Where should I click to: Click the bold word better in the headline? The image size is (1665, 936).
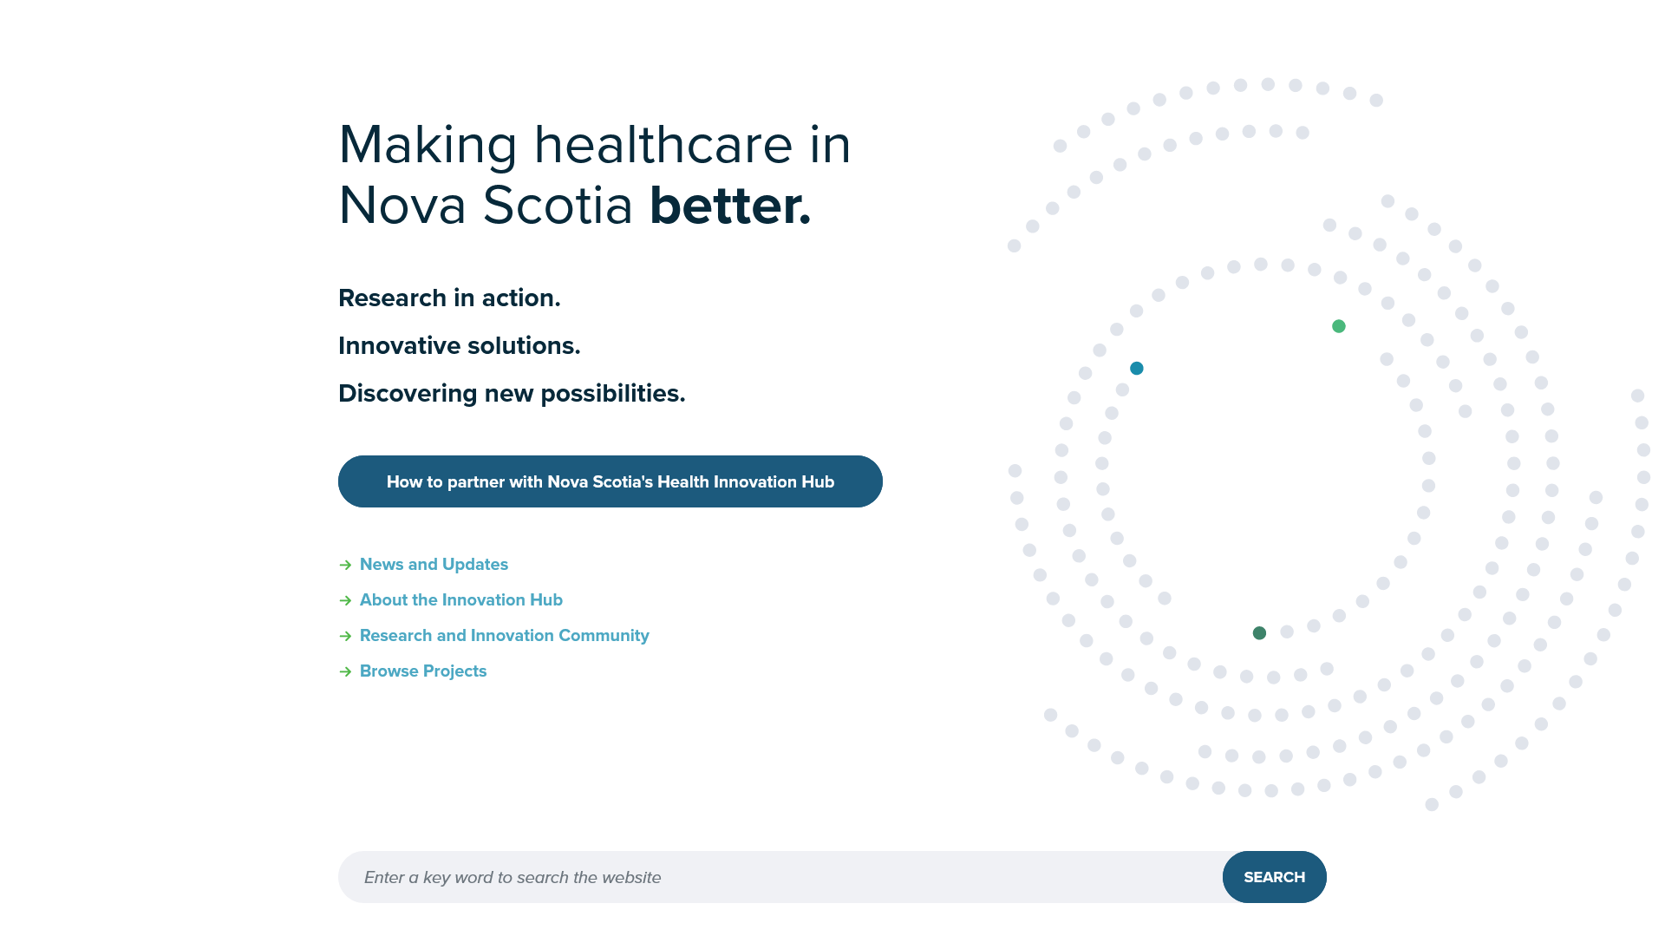(730, 206)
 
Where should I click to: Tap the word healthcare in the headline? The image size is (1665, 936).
(663, 144)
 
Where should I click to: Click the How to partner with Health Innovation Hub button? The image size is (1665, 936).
(610, 481)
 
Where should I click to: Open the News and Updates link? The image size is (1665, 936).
(434, 565)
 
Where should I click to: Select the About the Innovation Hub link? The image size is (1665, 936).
(461, 600)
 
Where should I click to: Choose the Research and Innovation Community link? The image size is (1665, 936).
(505, 636)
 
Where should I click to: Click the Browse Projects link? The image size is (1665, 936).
(423, 671)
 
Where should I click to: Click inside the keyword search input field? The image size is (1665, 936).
(780, 877)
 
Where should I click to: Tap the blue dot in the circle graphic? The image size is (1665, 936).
(1137, 369)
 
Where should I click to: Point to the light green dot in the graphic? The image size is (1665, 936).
(1339, 326)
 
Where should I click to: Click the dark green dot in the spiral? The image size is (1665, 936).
(1259, 633)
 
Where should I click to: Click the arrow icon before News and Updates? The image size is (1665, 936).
(345, 566)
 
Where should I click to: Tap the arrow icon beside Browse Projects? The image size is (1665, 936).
(345, 672)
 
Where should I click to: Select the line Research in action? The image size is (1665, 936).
(449, 298)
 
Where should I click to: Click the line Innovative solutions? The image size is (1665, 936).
(460, 346)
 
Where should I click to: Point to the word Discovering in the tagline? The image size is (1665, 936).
(408, 394)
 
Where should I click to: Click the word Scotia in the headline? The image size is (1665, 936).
(558, 206)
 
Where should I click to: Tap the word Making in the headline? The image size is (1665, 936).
(428, 145)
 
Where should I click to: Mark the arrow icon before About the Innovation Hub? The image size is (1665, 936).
(345, 601)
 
